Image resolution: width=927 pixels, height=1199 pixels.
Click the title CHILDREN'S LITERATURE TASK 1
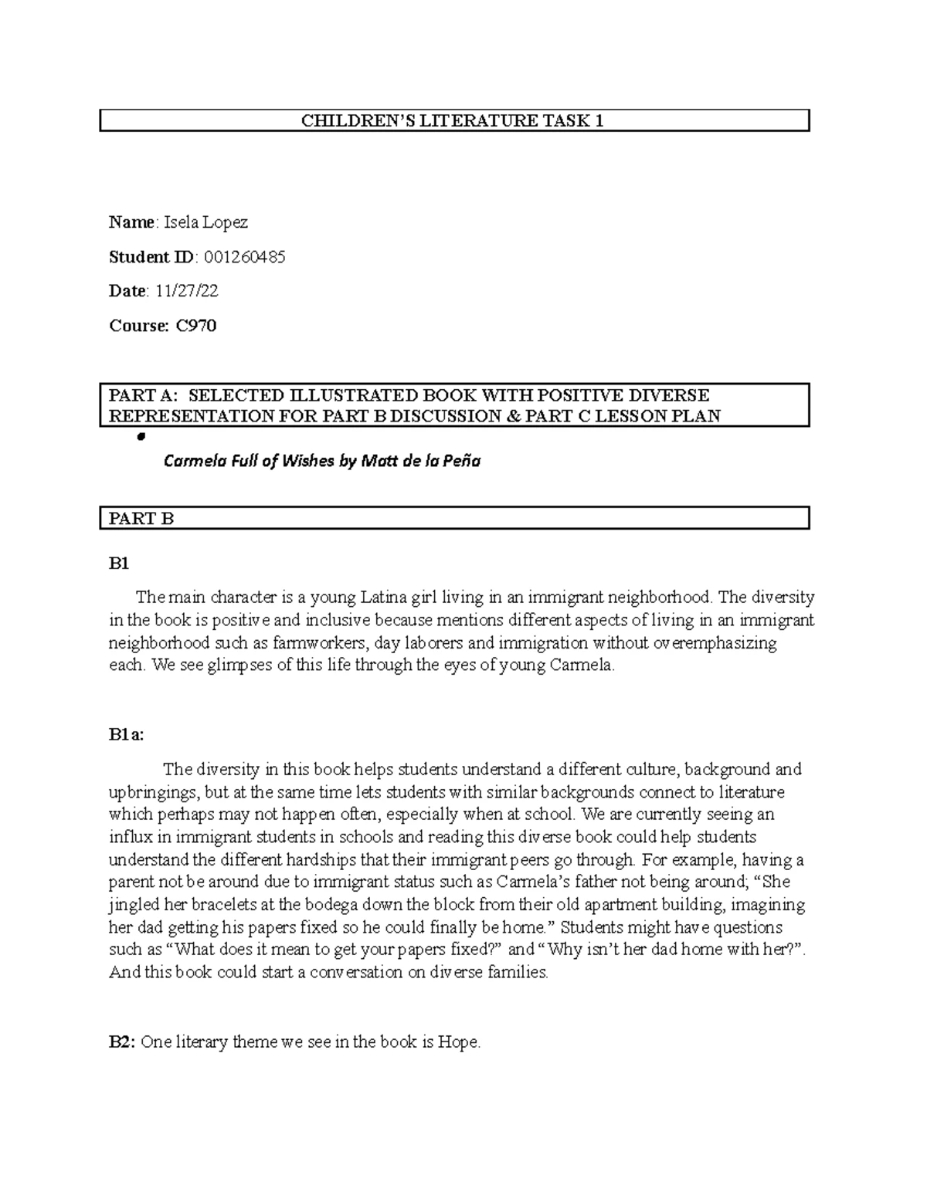(x=453, y=120)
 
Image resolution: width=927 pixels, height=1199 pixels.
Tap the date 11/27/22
(x=187, y=291)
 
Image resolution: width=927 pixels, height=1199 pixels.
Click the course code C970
(x=196, y=326)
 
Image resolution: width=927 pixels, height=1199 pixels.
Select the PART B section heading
(x=141, y=519)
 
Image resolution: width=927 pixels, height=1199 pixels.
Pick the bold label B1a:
(x=126, y=735)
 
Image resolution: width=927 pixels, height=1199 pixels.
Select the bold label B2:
(x=123, y=1042)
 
